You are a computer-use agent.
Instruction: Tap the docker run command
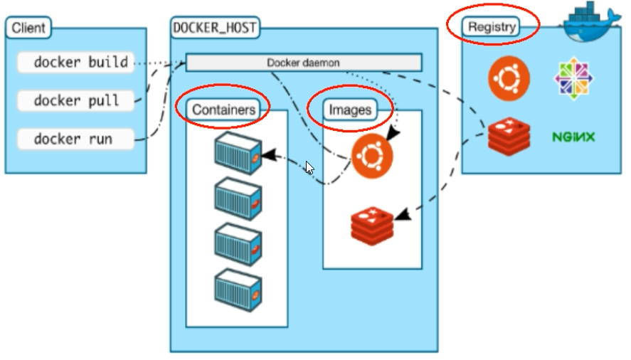click(73, 139)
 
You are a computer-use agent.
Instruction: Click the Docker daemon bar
click(304, 63)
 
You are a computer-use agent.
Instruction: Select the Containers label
click(223, 110)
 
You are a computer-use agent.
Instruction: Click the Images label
click(350, 110)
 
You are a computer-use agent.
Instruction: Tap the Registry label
click(491, 27)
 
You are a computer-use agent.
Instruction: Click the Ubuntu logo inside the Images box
click(372, 157)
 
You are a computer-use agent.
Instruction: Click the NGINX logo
click(573, 136)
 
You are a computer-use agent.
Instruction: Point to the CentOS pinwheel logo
click(575, 78)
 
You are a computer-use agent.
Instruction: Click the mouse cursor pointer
click(309, 169)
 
